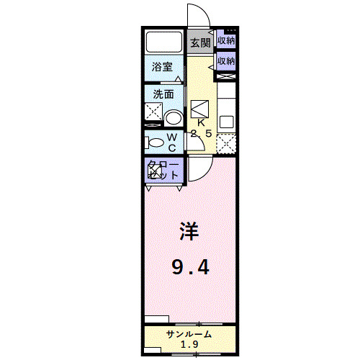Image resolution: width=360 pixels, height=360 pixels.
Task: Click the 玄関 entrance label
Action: pyautogui.click(x=200, y=42)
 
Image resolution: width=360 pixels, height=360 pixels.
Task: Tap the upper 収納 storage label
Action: pyautogui.click(x=226, y=41)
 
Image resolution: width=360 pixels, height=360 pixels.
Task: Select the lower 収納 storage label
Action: pyautogui.click(x=226, y=61)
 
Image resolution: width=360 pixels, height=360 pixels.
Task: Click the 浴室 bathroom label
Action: pyautogui.click(x=163, y=68)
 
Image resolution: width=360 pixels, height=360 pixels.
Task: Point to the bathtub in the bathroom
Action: pyautogui.click(x=165, y=42)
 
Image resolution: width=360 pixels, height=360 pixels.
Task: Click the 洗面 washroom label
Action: pyautogui.click(x=163, y=94)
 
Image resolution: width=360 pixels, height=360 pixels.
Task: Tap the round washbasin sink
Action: pyautogui.click(x=173, y=117)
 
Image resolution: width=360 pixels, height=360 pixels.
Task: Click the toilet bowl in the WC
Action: pyautogui.click(x=154, y=142)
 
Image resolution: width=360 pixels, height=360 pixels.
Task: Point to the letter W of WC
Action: pyautogui.click(x=173, y=137)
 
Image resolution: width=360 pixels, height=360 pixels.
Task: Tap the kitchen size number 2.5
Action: pyautogui.click(x=201, y=134)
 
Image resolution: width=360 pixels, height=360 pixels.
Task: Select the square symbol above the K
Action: pyautogui.click(x=201, y=107)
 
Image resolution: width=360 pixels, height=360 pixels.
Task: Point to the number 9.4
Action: pyautogui.click(x=190, y=269)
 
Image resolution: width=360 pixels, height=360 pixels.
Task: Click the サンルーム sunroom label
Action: pyautogui.click(x=189, y=335)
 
